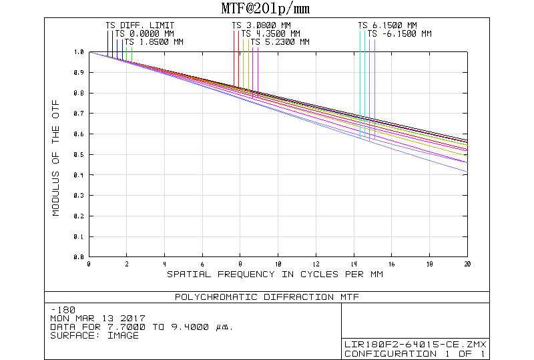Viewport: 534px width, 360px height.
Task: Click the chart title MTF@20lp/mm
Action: (x=265, y=9)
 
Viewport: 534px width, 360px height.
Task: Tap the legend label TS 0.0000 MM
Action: (x=144, y=34)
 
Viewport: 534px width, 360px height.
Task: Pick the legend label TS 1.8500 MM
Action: (x=154, y=42)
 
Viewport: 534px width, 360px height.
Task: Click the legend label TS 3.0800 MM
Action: (x=261, y=26)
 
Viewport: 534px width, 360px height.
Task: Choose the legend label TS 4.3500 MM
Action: (x=270, y=34)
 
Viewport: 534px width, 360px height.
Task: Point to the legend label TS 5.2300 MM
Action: (x=280, y=42)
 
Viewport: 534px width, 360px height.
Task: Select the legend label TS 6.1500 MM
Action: (x=387, y=26)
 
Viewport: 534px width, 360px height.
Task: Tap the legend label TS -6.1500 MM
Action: (x=399, y=34)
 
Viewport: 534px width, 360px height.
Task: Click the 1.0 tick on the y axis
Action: (x=79, y=51)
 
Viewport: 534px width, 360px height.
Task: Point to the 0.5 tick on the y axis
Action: (x=79, y=154)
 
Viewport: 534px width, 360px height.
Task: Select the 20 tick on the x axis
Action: (x=467, y=264)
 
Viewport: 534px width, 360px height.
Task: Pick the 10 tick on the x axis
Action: (x=278, y=264)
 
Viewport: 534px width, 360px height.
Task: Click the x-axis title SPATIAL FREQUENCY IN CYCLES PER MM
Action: (x=275, y=275)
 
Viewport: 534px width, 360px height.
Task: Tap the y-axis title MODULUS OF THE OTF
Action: (x=57, y=154)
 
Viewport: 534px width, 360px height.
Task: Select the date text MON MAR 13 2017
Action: (x=97, y=319)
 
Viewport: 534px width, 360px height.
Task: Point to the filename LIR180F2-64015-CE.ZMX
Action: (x=415, y=345)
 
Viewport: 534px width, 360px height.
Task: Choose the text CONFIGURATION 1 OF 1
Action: (x=415, y=353)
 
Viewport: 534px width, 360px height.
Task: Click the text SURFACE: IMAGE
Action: (x=95, y=335)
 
